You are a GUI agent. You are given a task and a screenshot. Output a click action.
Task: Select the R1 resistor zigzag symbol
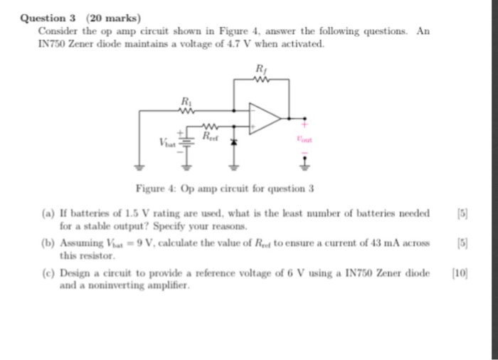point(186,110)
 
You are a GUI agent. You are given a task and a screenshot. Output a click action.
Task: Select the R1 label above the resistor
point(186,100)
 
